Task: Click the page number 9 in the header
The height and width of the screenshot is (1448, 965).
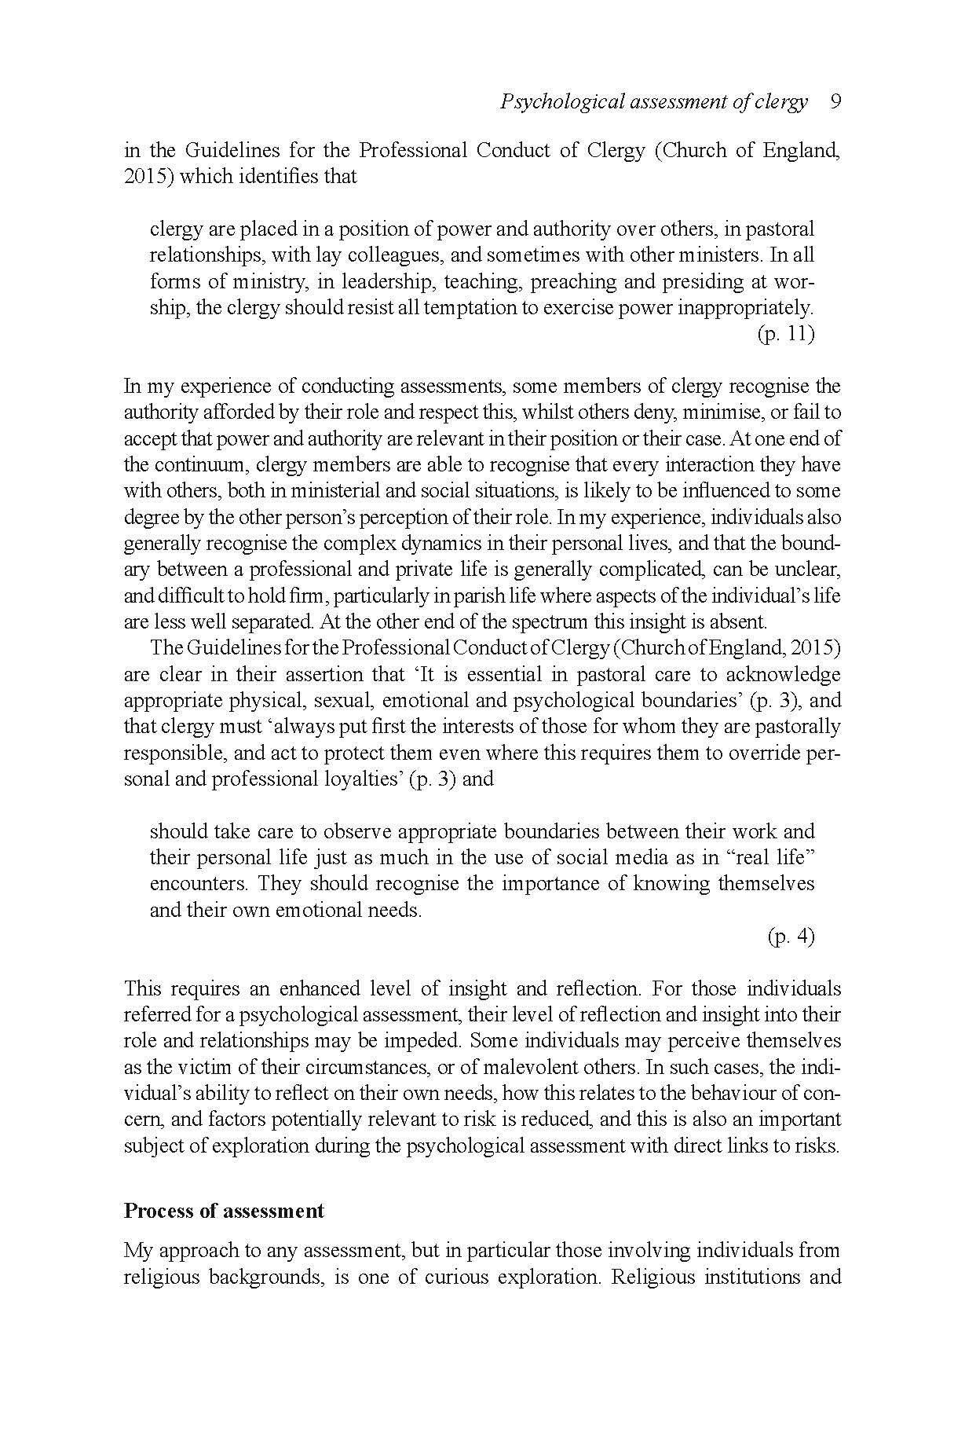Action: click(835, 102)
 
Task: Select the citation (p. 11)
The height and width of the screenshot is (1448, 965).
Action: click(786, 334)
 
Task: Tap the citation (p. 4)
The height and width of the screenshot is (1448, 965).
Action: click(791, 937)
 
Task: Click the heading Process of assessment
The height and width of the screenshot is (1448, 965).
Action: click(224, 1211)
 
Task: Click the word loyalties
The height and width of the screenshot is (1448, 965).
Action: click(367, 779)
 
